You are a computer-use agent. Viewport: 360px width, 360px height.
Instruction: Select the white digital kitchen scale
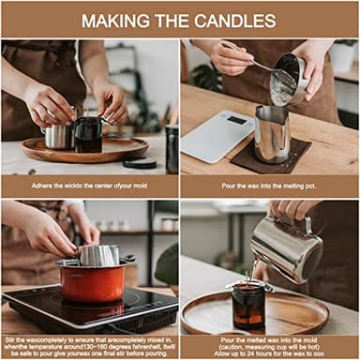click(x=217, y=136)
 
